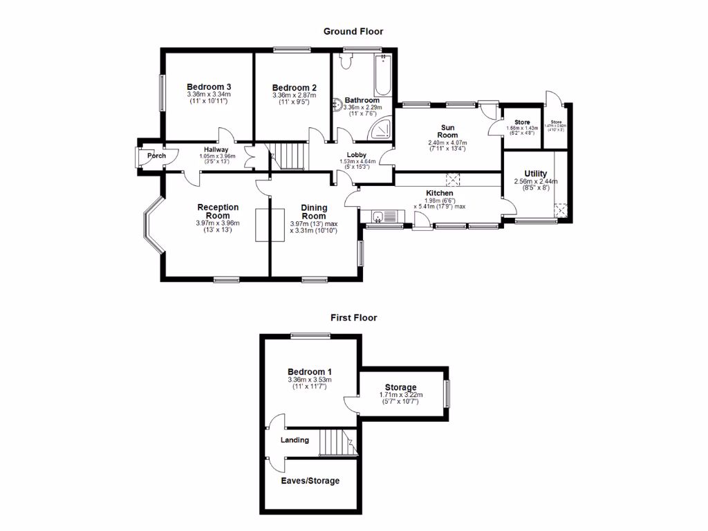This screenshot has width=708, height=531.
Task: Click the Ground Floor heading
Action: point(353,31)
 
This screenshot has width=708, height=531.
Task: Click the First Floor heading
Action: point(353,318)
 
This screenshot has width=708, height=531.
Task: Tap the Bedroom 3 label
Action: point(208,86)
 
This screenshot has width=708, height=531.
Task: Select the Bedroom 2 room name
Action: point(294,88)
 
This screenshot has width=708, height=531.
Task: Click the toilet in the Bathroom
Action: point(346,64)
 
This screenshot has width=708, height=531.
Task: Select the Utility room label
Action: point(535,174)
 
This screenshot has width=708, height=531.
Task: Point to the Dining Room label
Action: point(313,212)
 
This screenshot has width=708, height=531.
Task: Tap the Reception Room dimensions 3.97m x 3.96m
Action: point(218,223)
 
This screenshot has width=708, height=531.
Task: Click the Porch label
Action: point(156,156)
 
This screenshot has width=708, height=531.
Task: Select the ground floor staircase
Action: point(287,156)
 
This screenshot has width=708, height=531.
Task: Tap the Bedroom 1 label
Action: point(310,372)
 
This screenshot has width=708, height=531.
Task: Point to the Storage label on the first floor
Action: point(400,387)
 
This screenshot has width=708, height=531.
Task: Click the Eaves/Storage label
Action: point(310,481)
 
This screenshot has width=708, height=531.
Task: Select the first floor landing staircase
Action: point(337,442)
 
